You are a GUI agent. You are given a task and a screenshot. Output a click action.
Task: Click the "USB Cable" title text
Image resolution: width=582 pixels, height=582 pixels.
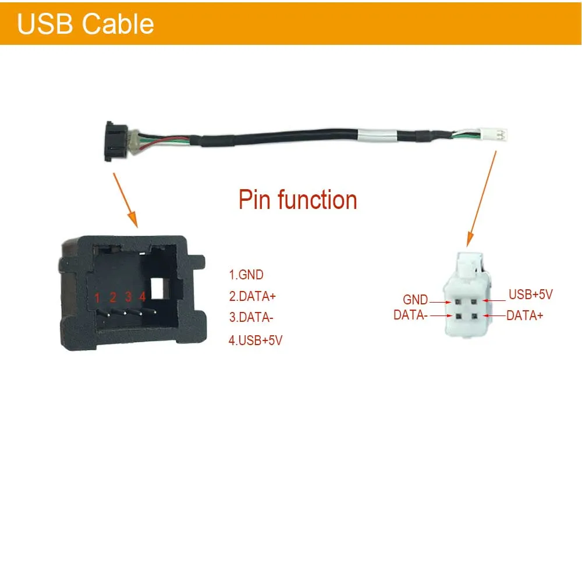coord(86,24)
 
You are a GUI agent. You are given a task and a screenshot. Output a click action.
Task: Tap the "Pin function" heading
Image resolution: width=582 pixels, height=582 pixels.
coord(297,200)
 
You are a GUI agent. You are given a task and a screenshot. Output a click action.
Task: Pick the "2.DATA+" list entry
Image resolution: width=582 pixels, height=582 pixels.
coord(253,296)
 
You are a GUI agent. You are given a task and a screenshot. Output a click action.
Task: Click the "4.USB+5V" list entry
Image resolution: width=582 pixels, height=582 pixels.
coord(255,340)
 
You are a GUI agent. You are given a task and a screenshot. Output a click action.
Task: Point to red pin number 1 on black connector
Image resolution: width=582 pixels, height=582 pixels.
coord(98,298)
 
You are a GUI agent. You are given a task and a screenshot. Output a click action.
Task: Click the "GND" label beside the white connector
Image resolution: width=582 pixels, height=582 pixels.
coord(416,300)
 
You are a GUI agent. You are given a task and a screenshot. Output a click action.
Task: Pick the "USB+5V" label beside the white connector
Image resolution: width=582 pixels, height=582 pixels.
coord(530,294)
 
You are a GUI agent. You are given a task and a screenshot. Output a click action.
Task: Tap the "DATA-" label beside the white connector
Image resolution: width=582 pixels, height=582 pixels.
coord(411,315)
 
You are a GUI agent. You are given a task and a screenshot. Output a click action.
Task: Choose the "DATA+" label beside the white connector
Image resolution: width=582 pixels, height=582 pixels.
coord(526,315)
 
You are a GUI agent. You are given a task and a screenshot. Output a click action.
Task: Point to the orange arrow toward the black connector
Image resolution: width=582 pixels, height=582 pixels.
coord(125,197)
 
